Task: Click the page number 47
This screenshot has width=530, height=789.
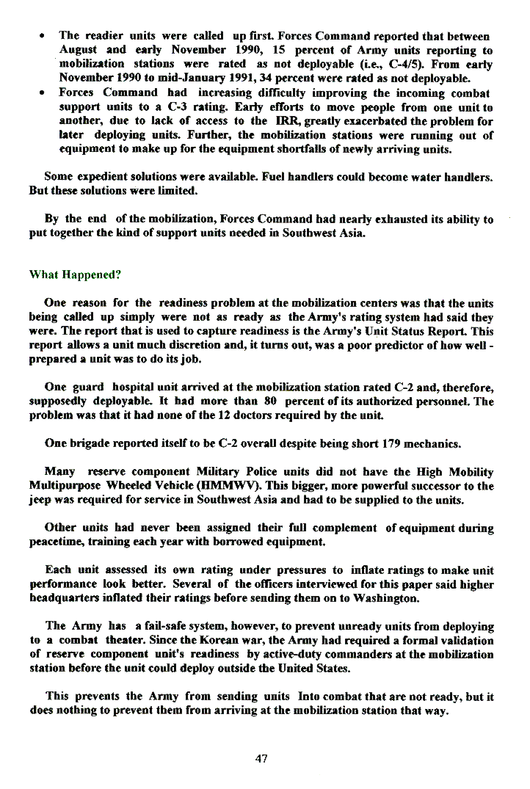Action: [x=261, y=759]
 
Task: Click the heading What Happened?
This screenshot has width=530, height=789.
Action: [x=74, y=275]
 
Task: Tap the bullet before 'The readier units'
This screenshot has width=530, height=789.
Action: [x=45, y=35]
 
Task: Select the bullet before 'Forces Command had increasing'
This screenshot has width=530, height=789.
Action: [x=45, y=92]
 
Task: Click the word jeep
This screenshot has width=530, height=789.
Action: [x=42, y=500]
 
